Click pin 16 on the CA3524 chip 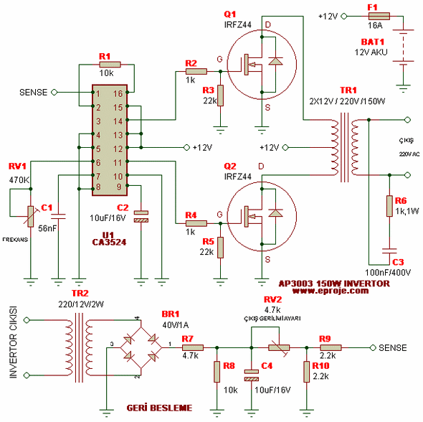click(116, 93)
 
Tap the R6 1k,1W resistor click(388, 205)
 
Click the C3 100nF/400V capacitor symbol click(388, 253)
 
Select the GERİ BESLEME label click(160, 408)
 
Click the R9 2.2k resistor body click(331, 347)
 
